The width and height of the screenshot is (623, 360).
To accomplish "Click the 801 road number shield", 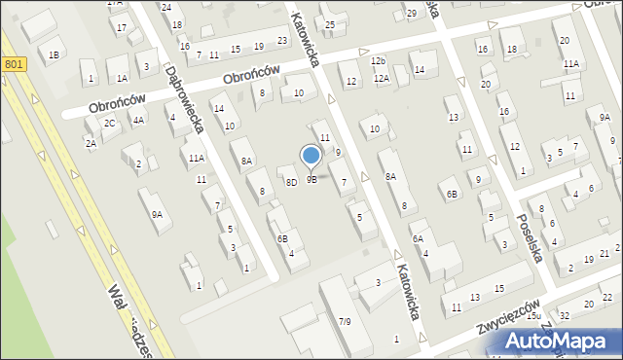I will pyautogui.click(x=13, y=64).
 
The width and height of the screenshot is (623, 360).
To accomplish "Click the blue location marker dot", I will pyautogui.click(x=311, y=155).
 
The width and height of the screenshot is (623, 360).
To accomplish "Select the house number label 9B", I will pyautogui.click(x=311, y=179).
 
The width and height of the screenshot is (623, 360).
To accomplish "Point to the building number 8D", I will pyautogui.click(x=291, y=182).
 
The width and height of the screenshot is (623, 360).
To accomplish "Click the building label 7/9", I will pyautogui.click(x=345, y=321).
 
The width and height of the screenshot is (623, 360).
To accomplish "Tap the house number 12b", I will pyautogui.click(x=378, y=61).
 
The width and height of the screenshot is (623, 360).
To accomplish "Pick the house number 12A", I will pyautogui.click(x=381, y=78).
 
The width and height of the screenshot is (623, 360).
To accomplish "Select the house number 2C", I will pyautogui.click(x=110, y=123).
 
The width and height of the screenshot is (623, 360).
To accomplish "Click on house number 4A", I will pyautogui.click(x=139, y=121).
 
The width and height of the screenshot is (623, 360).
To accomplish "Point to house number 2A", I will pyautogui.click(x=91, y=143).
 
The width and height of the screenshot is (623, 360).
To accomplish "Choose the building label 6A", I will pyautogui.click(x=417, y=238).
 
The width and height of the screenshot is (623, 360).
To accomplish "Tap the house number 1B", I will pyautogui.click(x=54, y=54).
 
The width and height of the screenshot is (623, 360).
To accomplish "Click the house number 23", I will pyautogui.click(x=282, y=40).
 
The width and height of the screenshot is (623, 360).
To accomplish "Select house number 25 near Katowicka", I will pyautogui.click(x=330, y=24).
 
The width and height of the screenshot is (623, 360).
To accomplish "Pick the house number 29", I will pyautogui.click(x=412, y=13).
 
